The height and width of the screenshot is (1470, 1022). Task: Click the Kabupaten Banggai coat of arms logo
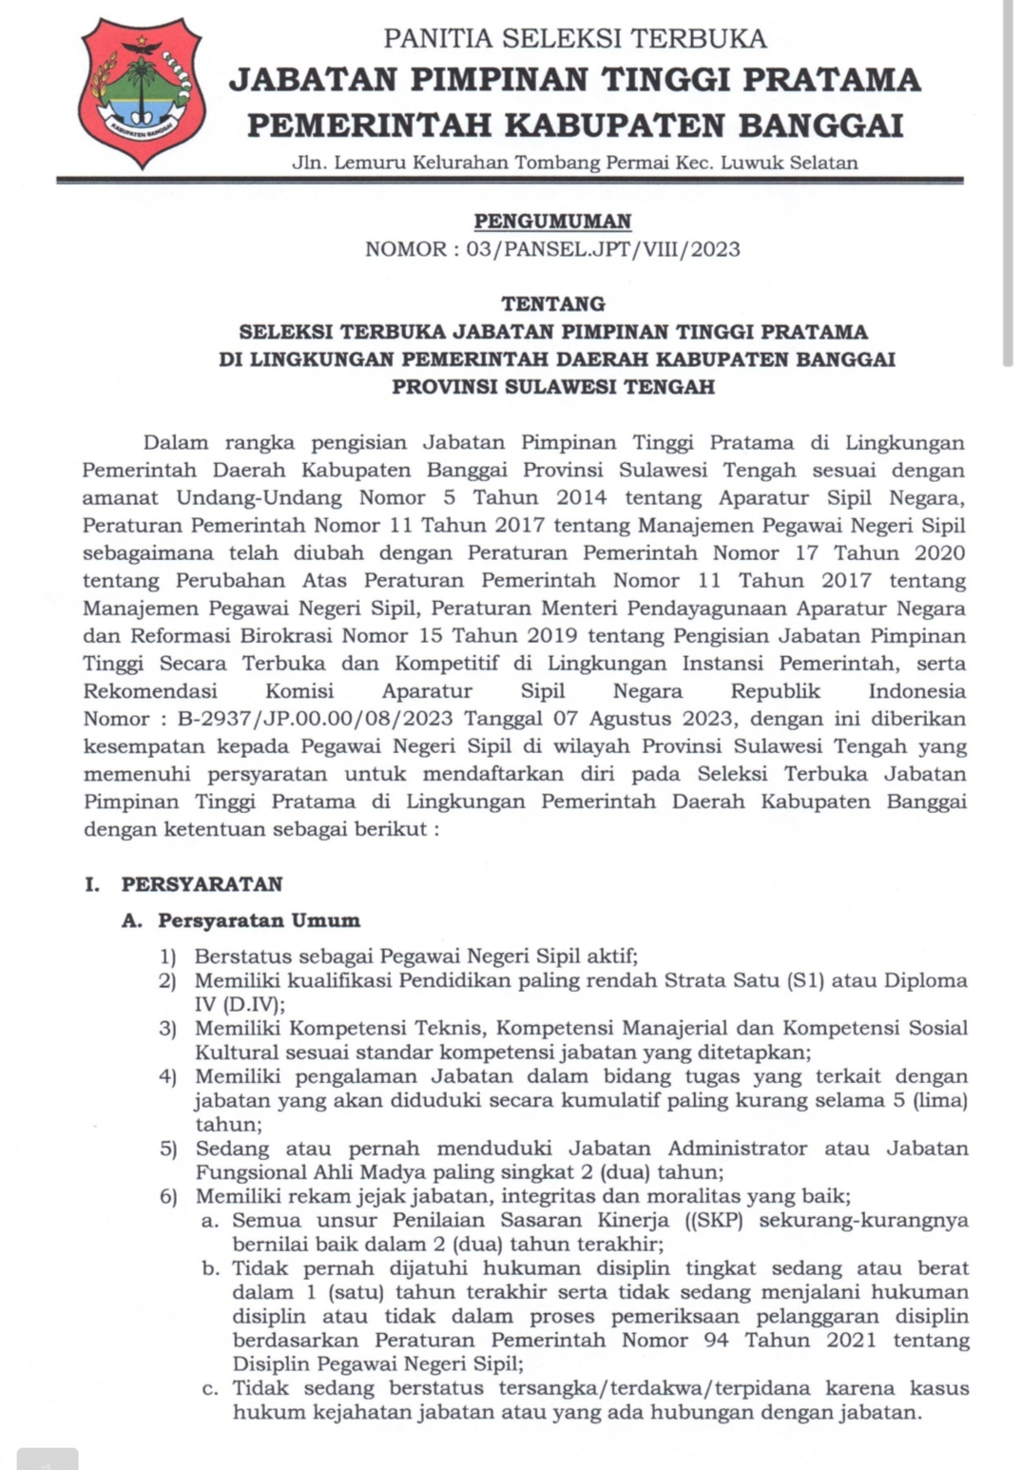(142, 92)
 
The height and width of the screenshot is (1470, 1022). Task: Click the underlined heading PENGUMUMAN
(552, 222)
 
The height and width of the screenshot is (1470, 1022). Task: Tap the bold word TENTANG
(552, 304)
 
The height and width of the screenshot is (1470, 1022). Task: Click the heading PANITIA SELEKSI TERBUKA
(574, 39)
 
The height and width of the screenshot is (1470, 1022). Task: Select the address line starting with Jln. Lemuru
(574, 163)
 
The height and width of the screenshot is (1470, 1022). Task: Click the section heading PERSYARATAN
(202, 884)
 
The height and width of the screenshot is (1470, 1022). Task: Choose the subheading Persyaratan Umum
(259, 920)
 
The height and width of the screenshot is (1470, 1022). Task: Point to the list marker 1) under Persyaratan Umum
(167, 957)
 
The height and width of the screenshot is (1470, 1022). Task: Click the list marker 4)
(167, 1077)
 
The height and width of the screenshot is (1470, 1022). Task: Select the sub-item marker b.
(210, 1268)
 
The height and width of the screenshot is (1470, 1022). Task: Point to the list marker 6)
(167, 1197)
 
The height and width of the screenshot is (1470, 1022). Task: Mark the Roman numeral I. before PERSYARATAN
(92, 884)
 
